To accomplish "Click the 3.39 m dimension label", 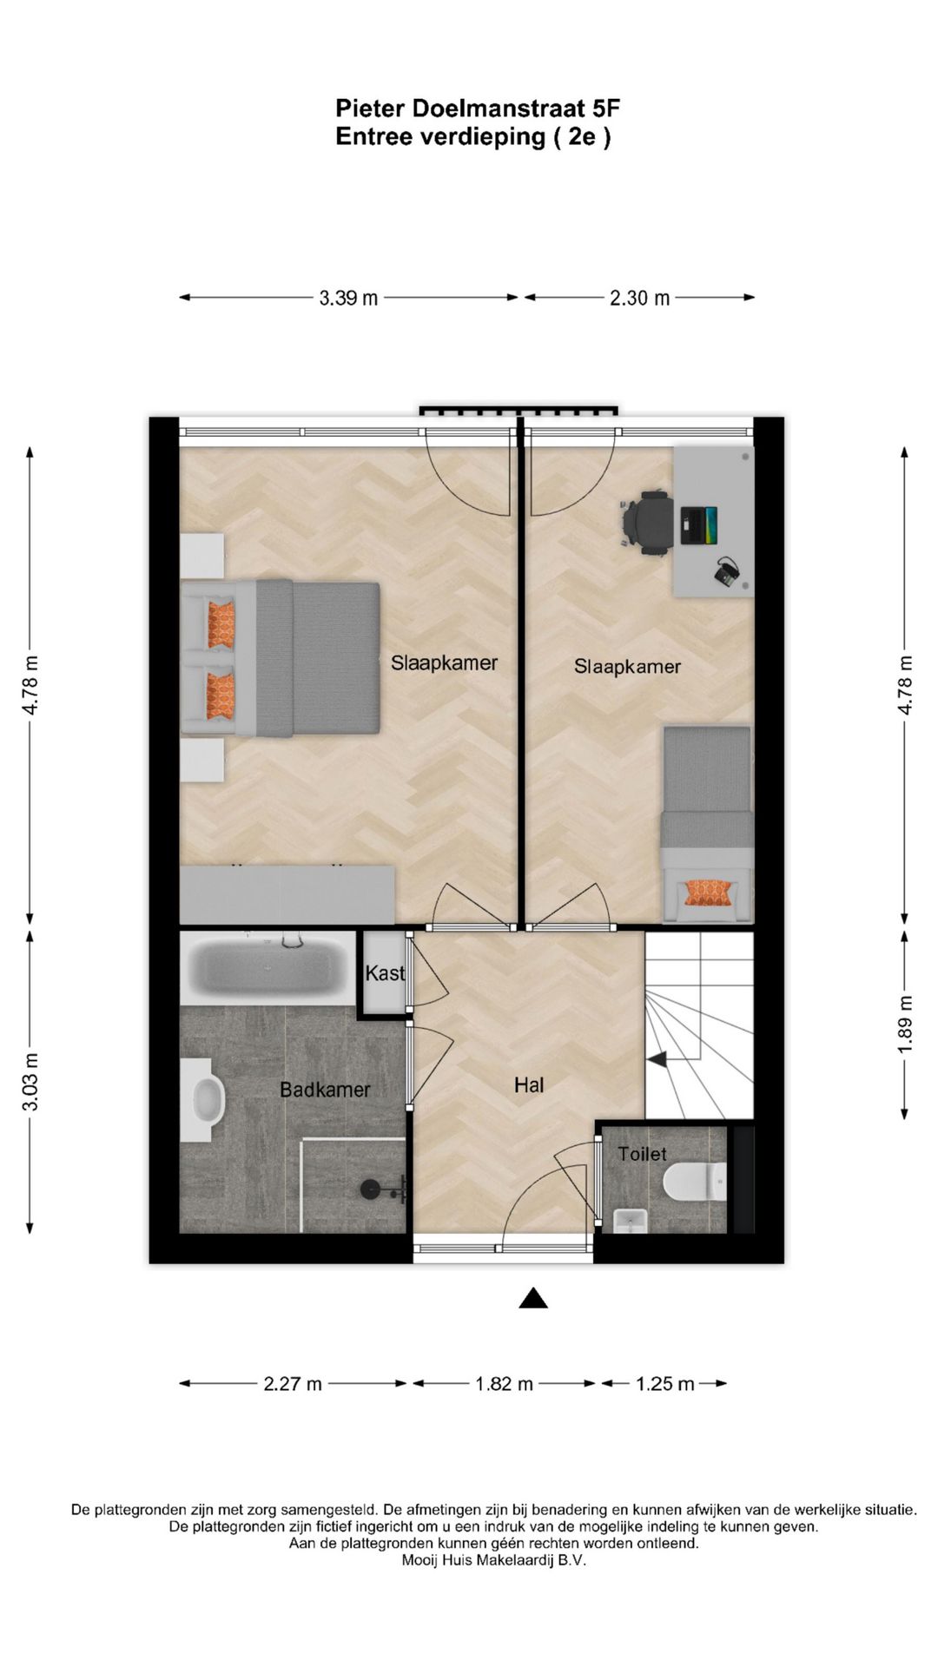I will click(348, 298).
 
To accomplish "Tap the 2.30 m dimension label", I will click(639, 298).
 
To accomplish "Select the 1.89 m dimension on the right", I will click(905, 1025).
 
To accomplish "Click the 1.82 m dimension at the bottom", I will click(504, 1384).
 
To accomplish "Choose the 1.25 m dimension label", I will click(664, 1384).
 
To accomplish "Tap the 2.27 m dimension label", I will click(293, 1384).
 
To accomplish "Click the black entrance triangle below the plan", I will click(533, 1299).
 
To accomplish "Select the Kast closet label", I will click(384, 973).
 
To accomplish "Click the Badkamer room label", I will click(325, 1090).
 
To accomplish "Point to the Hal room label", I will click(529, 1084).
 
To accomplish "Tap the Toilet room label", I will click(643, 1154).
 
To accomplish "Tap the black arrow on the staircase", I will click(656, 1058).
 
